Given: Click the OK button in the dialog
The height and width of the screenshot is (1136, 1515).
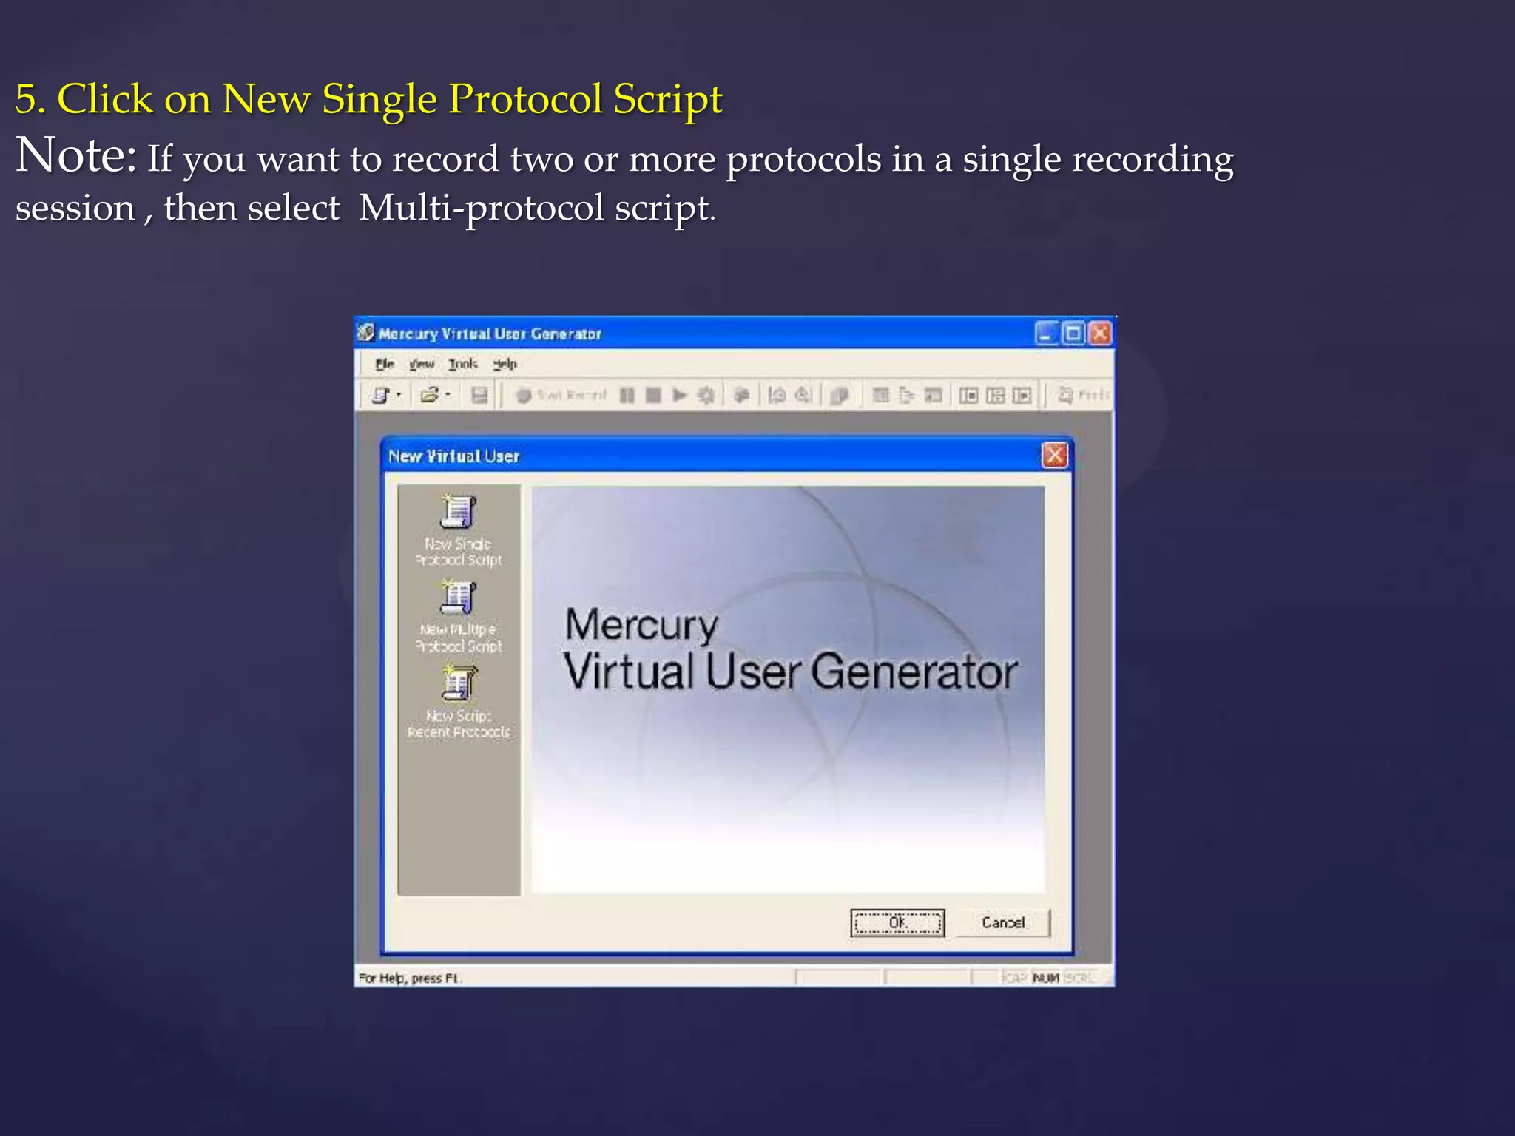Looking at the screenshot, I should (897, 922).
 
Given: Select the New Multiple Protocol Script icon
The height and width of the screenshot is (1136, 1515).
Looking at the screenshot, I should (458, 598).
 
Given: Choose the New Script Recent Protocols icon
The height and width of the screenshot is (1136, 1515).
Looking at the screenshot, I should (459, 683).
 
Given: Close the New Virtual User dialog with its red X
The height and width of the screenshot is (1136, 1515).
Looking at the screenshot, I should (1054, 455).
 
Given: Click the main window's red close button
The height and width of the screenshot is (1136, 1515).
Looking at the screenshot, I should (1100, 334).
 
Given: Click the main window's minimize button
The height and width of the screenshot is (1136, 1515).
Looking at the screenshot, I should (1046, 334).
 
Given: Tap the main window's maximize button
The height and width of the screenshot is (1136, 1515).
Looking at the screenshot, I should (1073, 334).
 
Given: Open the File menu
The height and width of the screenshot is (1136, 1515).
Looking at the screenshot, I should (385, 364).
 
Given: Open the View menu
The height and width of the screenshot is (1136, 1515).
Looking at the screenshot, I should (422, 364).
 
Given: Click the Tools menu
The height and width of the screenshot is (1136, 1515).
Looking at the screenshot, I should (463, 364).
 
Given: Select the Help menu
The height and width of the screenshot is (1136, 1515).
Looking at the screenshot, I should (505, 364).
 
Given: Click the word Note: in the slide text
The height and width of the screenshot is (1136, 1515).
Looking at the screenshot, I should (76, 155).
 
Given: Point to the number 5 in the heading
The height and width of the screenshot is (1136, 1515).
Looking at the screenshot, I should (26, 99).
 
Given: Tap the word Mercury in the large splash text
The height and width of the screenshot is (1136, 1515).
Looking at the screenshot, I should (641, 626).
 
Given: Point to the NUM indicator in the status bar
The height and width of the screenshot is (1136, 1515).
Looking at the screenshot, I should (1046, 978).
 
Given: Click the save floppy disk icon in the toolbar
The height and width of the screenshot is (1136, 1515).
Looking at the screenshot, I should (479, 396).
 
